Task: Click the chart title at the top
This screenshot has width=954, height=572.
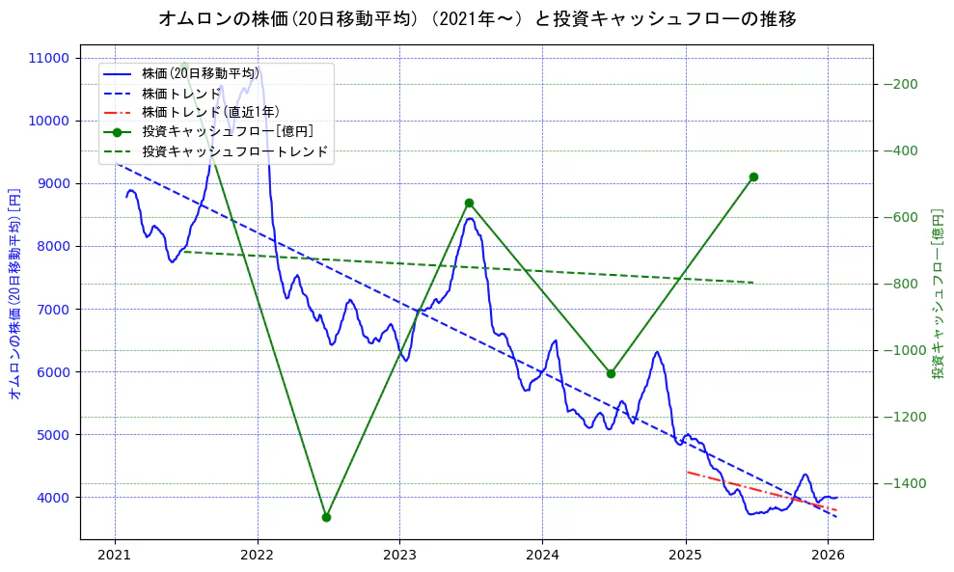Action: (477, 19)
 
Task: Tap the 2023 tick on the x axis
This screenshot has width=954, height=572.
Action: (399, 555)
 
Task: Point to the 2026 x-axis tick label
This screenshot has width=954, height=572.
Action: (828, 555)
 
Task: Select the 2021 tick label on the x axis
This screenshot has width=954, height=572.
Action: (115, 555)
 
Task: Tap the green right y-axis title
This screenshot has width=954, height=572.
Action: (937, 294)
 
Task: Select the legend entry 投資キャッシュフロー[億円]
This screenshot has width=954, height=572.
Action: (228, 131)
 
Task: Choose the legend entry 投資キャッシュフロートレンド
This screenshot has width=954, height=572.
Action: (234, 151)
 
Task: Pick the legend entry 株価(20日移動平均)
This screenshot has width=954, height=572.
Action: (201, 73)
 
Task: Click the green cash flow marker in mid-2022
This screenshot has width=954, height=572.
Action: (326, 517)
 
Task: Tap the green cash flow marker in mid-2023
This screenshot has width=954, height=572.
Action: (469, 203)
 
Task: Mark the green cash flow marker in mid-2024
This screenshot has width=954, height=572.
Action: (611, 373)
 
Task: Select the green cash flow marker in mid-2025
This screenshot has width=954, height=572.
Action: (753, 177)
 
